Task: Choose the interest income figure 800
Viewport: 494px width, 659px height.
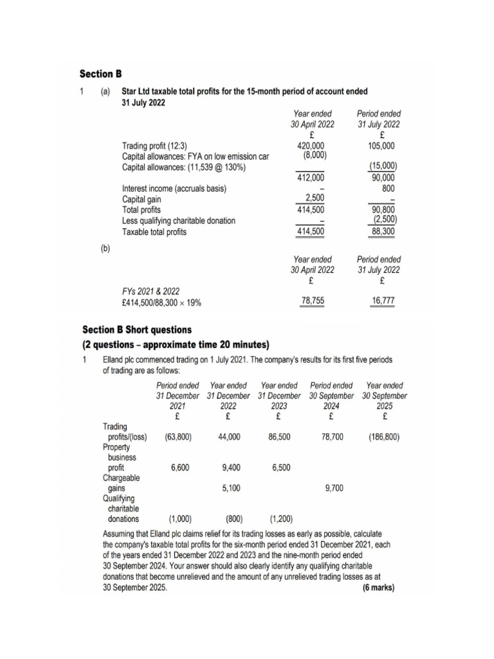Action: click(388, 189)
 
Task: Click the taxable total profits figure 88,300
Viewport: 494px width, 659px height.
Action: click(383, 232)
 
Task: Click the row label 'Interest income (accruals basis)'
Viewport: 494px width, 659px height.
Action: click(174, 189)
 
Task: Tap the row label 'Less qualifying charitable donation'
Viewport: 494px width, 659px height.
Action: click(178, 221)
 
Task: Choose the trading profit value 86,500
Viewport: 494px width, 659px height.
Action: click(279, 436)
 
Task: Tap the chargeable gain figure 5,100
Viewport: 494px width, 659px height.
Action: click(231, 488)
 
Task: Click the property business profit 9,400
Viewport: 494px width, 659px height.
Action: click(231, 468)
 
